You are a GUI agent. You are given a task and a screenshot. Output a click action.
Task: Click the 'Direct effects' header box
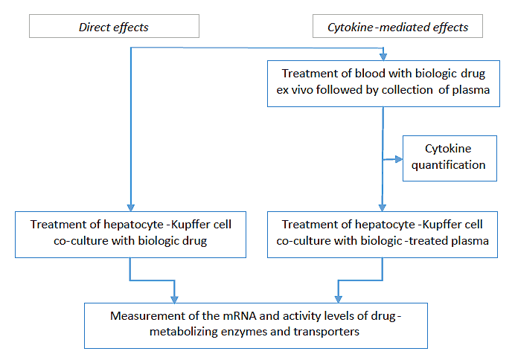(x=114, y=28)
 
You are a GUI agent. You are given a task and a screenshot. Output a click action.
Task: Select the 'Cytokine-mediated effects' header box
(x=397, y=28)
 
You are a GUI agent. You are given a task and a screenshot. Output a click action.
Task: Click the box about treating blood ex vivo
(x=383, y=82)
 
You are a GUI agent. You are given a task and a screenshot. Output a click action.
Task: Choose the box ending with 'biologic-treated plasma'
(x=383, y=234)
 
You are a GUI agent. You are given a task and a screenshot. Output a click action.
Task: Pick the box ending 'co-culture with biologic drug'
(x=130, y=234)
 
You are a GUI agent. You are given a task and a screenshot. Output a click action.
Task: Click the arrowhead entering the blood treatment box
(x=383, y=56)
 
